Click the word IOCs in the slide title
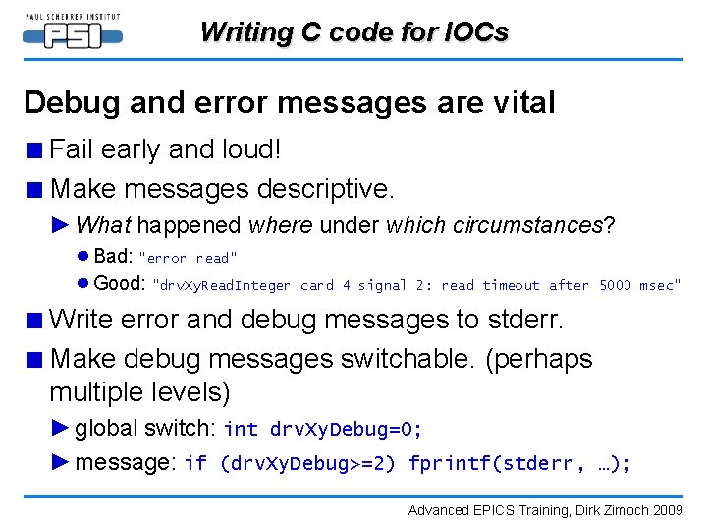(475, 32)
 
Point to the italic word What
(103, 225)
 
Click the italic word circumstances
(527, 225)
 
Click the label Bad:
(113, 257)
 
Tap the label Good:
(120, 284)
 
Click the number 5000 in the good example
(616, 286)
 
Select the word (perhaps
(539, 359)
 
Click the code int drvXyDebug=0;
(323, 429)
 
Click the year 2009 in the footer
(667, 510)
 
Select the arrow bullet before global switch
(61, 428)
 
